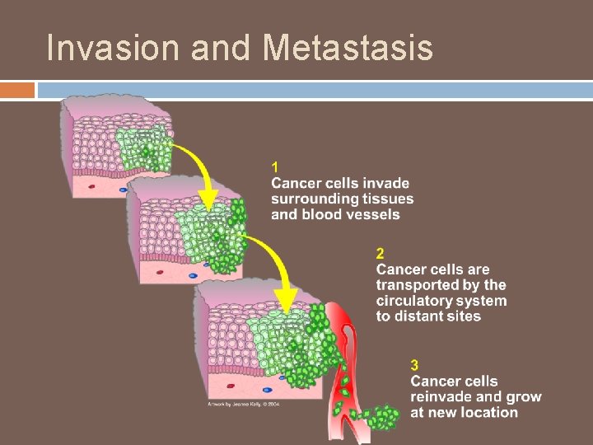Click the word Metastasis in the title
point(348,49)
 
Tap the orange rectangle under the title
point(17,89)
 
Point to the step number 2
point(381,254)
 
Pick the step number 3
point(415,365)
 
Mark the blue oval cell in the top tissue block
point(124,190)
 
